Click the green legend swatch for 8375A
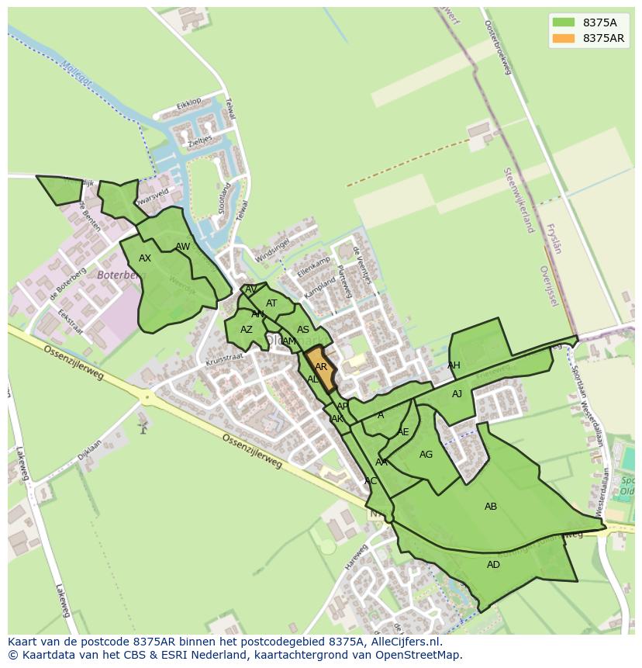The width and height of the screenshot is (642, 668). [564, 22]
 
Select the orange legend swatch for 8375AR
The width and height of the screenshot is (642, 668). [564, 38]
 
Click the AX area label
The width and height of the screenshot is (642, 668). [145, 258]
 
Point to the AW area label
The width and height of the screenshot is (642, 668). [182, 247]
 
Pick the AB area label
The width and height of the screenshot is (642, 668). [491, 507]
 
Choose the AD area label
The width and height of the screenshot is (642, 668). [493, 565]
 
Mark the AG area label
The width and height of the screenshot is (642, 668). [426, 455]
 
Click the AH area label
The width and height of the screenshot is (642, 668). [454, 365]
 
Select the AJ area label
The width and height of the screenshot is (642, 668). [457, 394]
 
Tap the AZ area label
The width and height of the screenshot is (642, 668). [246, 330]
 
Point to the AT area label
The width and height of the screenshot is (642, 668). [271, 303]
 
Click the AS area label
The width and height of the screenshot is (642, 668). [303, 330]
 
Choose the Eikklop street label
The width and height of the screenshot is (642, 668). [188, 102]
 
